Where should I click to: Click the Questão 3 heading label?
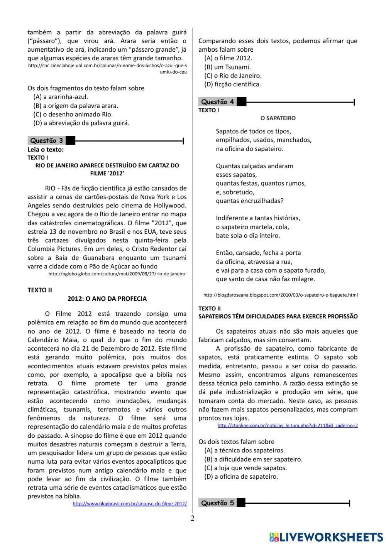[46, 141]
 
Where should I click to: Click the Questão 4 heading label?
[218, 102]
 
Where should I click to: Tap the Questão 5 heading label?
[218, 503]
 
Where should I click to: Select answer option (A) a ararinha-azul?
[61, 97]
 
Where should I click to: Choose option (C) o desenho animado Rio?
[73, 114]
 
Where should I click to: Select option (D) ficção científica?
[233, 84]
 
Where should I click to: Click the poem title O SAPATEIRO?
[278, 118]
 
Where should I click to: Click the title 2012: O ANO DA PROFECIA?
[107, 299]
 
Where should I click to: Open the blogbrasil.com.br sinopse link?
[130, 504]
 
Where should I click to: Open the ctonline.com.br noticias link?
[288, 425]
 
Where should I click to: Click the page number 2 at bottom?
[193, 518]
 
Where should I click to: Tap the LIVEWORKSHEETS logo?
[326, 537]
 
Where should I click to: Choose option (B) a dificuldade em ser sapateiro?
[253, 459]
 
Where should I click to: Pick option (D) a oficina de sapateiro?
[241, 476]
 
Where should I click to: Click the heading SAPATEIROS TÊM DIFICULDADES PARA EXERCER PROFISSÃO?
[278, 316]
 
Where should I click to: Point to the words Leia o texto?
[46, 149]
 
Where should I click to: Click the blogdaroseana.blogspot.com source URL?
[280, 295]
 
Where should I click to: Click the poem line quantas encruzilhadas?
[250, 201]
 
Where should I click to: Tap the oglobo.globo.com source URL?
[118, 274]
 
